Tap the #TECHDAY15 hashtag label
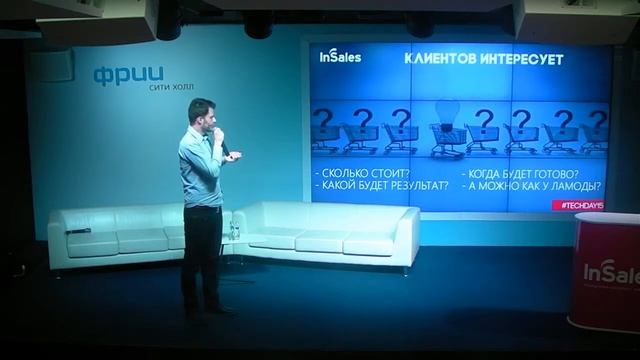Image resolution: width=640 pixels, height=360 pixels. coord(580,204)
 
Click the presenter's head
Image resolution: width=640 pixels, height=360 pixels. coord(200,112)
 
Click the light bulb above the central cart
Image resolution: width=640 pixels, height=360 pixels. coord(447,112)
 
